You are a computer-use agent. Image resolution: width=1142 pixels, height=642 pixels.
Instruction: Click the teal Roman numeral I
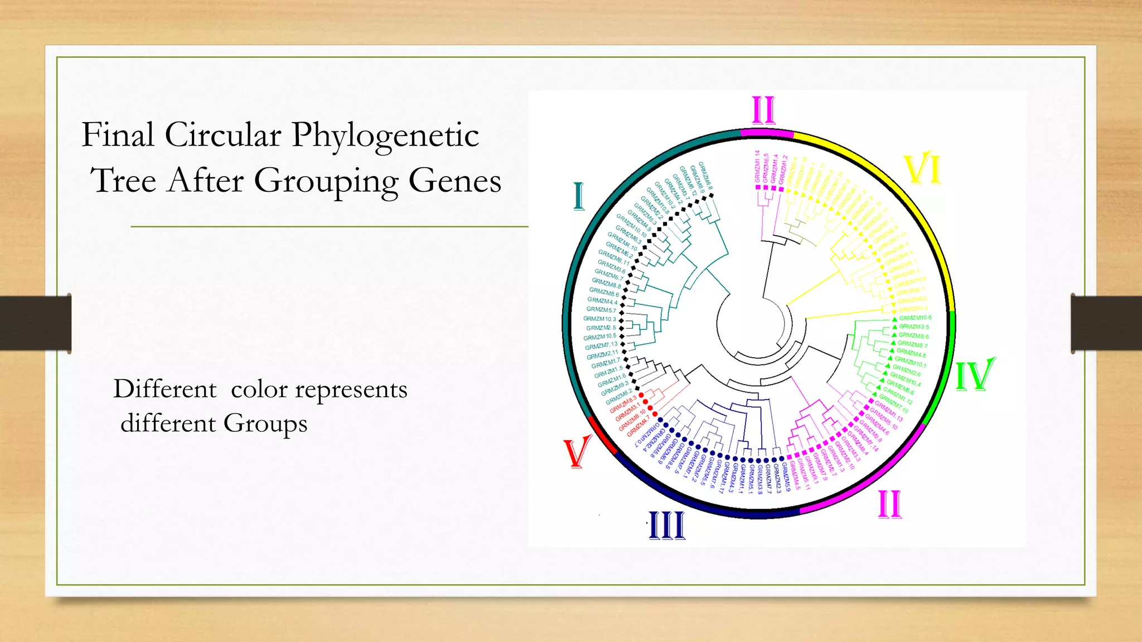click(579, 197)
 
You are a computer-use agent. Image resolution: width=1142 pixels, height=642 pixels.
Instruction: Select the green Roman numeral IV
click(975, 374)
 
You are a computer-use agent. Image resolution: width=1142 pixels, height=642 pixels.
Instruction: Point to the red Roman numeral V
click(577, 452)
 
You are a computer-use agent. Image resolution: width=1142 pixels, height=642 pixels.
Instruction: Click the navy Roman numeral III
click(667, 525)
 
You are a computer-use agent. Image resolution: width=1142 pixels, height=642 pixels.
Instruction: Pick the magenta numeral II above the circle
click(763, 110)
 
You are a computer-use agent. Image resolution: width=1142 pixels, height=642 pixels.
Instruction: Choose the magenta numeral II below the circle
click(889, 505)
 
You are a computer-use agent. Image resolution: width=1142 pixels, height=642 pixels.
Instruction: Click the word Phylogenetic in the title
click(385, 135)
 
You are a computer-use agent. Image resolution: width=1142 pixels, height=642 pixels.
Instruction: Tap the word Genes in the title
click(454, 181)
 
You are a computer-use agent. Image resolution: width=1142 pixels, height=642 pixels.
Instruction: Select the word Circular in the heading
click(223, 135)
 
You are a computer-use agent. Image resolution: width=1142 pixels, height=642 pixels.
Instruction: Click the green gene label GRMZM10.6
click(915, 318)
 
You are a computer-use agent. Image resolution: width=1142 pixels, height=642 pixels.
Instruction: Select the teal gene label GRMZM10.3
click(599, 319)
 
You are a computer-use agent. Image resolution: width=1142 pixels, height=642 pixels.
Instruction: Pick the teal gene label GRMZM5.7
click(601, 310)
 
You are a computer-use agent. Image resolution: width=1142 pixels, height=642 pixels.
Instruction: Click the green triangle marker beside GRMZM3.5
click(894, 327)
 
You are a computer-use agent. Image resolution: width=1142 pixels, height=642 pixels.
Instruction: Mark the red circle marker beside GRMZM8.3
click(642, 395)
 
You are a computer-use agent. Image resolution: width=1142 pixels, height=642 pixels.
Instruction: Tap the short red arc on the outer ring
click(602, 435)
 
